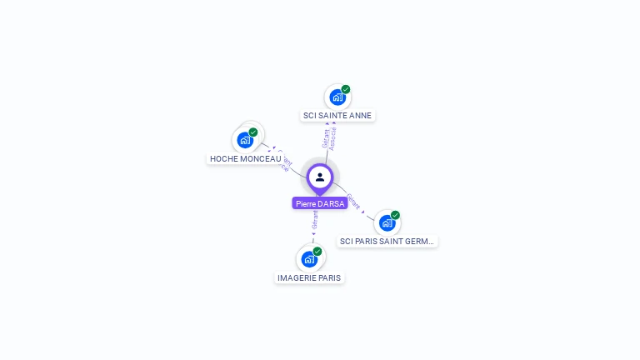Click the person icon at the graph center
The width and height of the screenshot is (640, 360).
pos(320,177)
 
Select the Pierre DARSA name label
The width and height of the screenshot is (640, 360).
pos(320,203)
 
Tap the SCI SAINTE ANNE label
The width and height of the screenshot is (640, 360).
pos(337,116)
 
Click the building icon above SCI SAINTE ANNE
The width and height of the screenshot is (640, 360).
pos(337,97)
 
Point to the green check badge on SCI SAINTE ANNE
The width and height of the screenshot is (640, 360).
pos(346,89)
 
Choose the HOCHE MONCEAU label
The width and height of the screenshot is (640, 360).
pos(245,158)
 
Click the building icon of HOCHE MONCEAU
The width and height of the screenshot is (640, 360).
pos(245,140)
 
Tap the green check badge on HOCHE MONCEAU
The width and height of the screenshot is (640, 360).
pos(253,132)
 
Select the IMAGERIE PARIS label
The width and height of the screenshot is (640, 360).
pos(308,277)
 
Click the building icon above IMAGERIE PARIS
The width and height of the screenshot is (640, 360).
pos(308,258)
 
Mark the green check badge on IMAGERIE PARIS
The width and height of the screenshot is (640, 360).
pos(317,251)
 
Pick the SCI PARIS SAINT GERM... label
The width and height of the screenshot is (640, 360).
pos(387,242)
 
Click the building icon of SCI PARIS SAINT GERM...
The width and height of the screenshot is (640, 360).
pos(387,222)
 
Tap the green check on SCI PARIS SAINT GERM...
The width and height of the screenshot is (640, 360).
pos(396,215)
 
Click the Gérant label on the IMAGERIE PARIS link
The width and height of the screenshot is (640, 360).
pos(315,220)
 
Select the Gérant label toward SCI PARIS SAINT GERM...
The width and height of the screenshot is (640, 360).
pos(353,202)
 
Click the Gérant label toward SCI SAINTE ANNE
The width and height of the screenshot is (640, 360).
pos(326,138)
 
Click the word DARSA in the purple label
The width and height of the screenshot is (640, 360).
pos(332,203)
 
